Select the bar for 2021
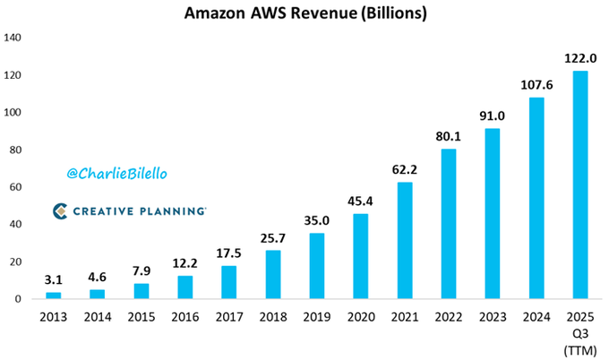pos(405,240)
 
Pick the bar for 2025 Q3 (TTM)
pos(579,184)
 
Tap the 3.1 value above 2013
pos(54,279)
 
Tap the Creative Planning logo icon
pos(60,211)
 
